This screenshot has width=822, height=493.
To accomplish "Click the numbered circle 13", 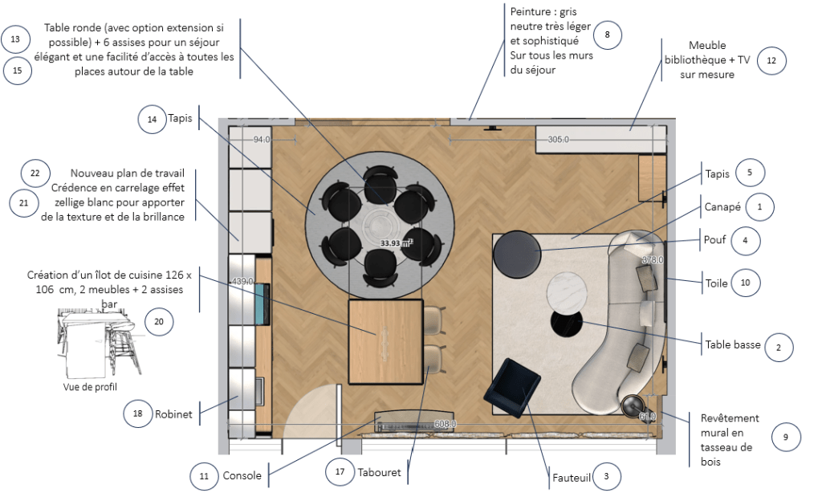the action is click(15, 39).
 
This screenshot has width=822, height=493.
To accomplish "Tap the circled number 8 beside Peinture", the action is click(607, 35).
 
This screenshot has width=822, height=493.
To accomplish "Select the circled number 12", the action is click(771, 60).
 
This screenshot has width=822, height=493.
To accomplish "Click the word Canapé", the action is click(722, 206).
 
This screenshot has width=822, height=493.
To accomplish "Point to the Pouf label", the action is click(714, 240).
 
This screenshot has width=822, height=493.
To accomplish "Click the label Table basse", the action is click(732, 344).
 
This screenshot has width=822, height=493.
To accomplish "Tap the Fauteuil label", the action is click(572, 478).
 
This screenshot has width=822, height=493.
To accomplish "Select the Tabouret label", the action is click(379, 473).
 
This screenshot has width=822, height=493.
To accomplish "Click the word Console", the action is click(242, 475).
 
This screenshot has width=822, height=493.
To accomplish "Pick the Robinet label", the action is click(173, 414).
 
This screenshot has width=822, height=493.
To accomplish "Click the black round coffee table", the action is click(566, 324).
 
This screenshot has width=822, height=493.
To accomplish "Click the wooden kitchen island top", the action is click(386, 341).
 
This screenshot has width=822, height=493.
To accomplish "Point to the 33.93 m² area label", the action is click(397, 242).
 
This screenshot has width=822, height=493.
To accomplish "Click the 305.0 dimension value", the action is click(559, 140).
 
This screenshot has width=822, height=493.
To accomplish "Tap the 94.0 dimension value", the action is click(262, 140).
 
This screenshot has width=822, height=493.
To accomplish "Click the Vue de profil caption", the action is click(90, 387).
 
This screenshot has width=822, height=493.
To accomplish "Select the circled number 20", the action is click(158, 321).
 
